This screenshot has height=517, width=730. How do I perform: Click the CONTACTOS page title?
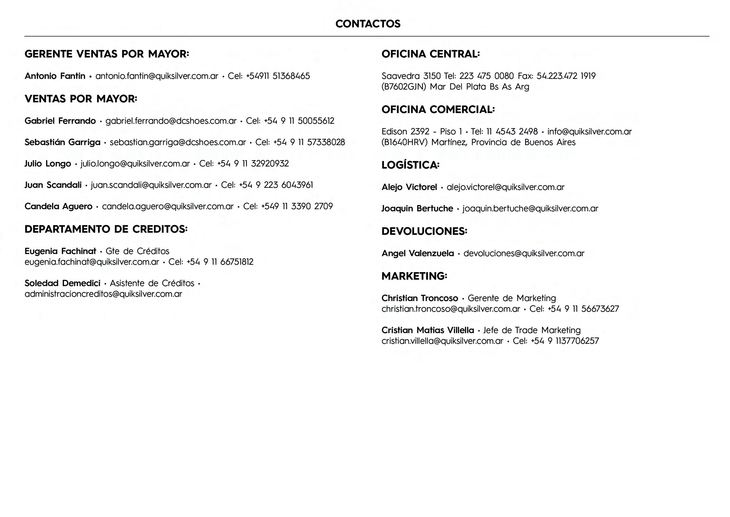[x=368, y=24]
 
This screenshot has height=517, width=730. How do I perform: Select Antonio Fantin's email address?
[x=157, y=76]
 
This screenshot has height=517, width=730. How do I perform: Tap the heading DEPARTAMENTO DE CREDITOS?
[x=106, y=229]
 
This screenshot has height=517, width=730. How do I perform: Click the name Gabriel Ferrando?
[x=60, y=121]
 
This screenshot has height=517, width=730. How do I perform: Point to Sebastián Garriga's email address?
[x=178, y=142]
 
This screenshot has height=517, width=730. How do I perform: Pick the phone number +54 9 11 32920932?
[x=253, y=163]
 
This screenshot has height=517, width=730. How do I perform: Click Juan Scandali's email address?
[x=151, y=185]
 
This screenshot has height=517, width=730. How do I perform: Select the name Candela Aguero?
[x=59, y=206]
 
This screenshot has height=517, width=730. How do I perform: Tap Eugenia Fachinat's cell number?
[x=220, y=262]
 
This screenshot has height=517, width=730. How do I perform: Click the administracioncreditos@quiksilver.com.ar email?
[x=104, y=294]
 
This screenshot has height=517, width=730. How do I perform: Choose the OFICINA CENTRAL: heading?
[x=430, y=54]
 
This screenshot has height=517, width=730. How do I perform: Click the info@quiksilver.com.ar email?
[x=589, y=131]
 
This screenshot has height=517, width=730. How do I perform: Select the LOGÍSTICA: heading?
[x=410, y=165]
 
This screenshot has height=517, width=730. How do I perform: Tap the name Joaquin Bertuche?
[x=417, y=208]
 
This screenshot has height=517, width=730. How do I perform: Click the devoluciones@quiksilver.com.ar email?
[x=524, y=253]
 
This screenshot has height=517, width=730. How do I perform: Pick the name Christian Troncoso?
[x=419, y=298]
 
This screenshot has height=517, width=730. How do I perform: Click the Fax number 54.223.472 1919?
[x=566, y=76]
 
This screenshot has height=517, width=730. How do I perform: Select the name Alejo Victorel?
[x=409, y=187]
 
